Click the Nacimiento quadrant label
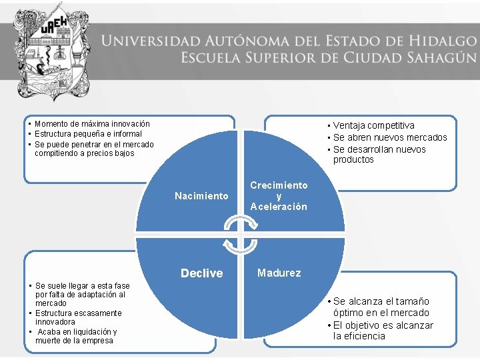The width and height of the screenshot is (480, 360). click(201, 196)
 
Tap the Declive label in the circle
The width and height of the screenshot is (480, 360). click(201, 273)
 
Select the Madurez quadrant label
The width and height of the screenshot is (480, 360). click(279, 273)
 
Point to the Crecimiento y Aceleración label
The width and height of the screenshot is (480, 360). click(279, 196)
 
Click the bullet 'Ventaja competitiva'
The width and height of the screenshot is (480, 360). click(373, 125)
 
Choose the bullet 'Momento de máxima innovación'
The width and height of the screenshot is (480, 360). click(92, 124)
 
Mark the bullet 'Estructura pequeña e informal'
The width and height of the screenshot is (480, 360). click(88, 134)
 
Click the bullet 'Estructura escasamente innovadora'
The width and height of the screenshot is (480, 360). click(78, 317)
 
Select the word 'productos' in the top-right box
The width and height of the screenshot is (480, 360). click(353, 160)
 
